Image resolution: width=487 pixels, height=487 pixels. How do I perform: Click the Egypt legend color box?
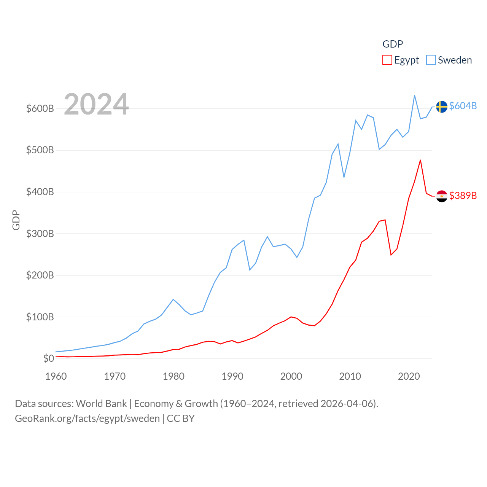click(387, 60)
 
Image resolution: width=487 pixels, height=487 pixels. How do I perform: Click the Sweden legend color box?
click(431, 60)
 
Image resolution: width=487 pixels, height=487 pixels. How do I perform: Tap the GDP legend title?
click(393, 44)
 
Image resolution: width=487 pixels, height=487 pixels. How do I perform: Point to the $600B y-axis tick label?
click(40, 108)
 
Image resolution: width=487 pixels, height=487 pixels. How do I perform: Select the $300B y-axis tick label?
click(40, 234)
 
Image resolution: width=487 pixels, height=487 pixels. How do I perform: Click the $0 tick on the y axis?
click(48, 358)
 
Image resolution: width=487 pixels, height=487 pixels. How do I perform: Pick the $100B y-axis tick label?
click(40, 317)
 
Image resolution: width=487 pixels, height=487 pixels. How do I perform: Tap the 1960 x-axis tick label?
click(56, 376)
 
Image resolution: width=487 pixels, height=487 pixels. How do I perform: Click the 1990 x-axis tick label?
click(232, 376)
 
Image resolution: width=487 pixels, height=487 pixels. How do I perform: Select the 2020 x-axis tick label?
click(409, 376)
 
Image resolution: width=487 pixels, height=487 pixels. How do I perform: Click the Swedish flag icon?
click(442, 107)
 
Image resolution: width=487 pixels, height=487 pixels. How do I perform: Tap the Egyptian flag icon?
click(442, 196)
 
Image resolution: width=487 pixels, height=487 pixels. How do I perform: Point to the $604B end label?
click(463, 106)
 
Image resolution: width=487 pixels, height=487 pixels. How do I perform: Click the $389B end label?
click(463, 196)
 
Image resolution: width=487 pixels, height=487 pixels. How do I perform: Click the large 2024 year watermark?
click(96, 104)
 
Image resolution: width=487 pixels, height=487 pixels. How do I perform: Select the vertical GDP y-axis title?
click(16, 220)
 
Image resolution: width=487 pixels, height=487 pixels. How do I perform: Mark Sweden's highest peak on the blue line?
click(414, 95)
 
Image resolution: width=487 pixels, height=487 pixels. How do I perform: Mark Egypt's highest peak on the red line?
click(420, 160)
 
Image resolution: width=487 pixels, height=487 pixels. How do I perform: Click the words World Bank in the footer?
click(101, 403)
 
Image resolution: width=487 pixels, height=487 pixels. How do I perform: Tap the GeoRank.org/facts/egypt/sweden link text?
click(87, 419)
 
